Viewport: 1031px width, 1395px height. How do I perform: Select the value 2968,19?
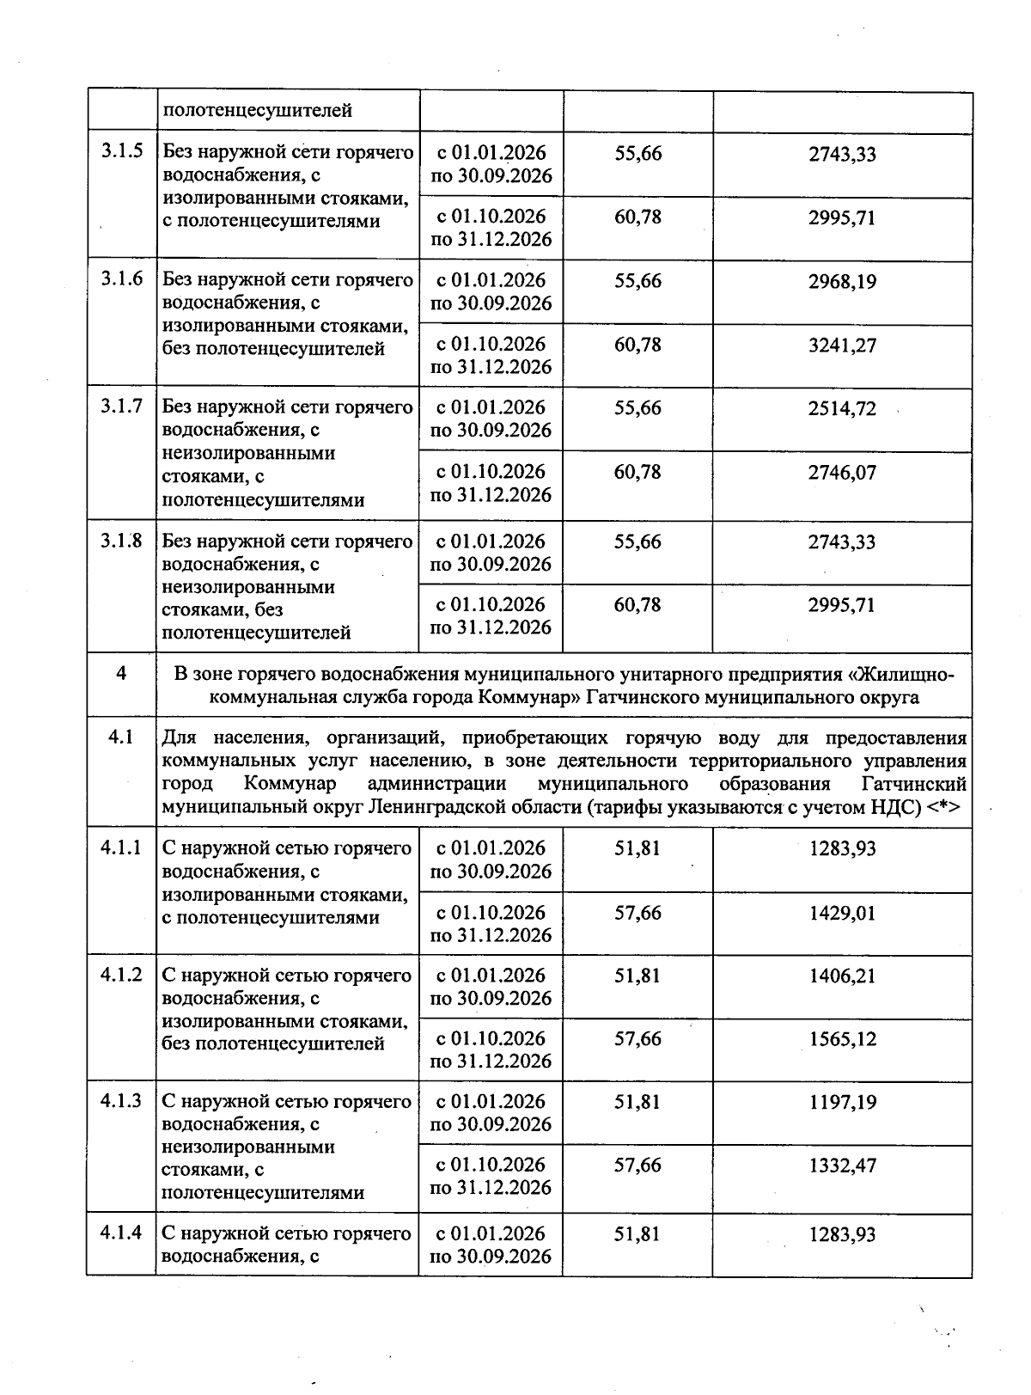point(842,282)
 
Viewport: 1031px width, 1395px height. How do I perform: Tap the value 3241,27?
point(842,346)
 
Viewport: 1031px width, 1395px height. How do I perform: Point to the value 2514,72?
point(842,409)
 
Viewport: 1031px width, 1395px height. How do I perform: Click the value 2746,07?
point(842,473)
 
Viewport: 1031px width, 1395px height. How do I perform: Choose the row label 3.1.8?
point(121,541)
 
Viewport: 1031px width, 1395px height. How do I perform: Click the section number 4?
point(121,674)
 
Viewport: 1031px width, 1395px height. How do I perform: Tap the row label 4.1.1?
point(121,848)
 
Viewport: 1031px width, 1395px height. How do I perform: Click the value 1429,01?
point(842,913)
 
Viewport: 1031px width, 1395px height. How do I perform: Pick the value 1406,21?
point(842,976)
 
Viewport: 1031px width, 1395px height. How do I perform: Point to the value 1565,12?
point(842,1039)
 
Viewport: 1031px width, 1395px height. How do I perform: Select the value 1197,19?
point(842,1103)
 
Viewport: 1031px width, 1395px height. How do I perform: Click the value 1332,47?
point(842,1166)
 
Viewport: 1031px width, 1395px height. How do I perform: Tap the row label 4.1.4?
point(121,1233)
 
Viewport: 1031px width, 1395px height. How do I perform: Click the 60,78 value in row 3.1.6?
point(638,345)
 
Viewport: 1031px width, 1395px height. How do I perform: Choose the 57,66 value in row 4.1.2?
point(638,1038)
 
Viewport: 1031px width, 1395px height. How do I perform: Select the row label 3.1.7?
point(121,407)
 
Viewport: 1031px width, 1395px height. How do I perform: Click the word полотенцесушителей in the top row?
point(258,111)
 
